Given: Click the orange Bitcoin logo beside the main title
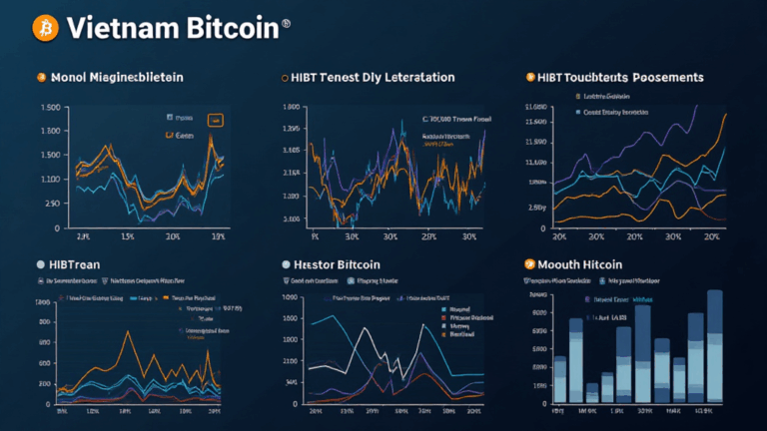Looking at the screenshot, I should point(44,28).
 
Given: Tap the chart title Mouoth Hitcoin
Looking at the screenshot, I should point(582,264).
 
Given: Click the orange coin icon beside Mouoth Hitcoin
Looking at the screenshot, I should point(530,264).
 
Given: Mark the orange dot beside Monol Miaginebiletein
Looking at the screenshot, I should point(41,77).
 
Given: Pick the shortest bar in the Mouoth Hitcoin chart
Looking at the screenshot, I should point(591,395).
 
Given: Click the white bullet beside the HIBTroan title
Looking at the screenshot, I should point(40,264).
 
